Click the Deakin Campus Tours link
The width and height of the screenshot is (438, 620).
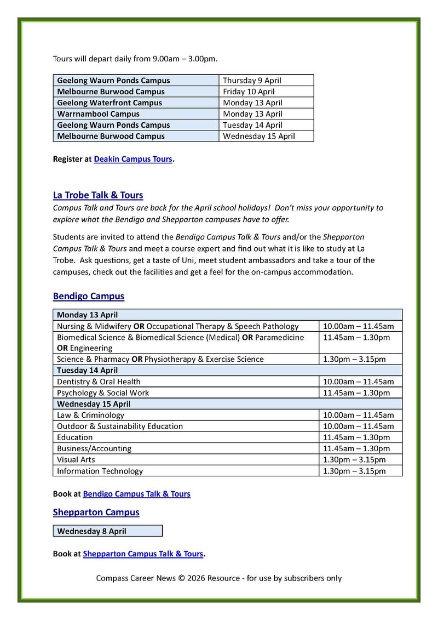pos(133,159)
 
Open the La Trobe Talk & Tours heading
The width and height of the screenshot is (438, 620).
pos(98,195)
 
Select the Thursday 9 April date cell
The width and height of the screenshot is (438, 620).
pos(252,81)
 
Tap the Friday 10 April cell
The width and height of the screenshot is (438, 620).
pos(249,92)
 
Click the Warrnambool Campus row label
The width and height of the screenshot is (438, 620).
pos(99,114)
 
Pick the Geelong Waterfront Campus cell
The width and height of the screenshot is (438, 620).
pos(109,103)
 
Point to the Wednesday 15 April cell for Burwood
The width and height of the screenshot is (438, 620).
pos(258,136)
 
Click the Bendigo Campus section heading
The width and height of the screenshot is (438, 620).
pos(89,296)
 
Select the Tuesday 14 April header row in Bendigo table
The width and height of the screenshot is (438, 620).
pos(88,371)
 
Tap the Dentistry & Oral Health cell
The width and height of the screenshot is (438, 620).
pos(99,382)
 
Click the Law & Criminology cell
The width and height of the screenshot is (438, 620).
pos(90,415)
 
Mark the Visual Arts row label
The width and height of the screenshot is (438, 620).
pos(76,459)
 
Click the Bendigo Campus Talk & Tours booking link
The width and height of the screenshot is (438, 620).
pos(136,494)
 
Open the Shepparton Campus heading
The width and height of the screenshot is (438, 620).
pos(96,512)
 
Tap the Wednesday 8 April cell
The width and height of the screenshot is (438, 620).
pos(92,531)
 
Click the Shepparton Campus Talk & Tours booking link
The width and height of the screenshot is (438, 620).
pos(143,554)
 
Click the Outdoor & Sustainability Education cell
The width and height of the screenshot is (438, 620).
pos(120,426)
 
